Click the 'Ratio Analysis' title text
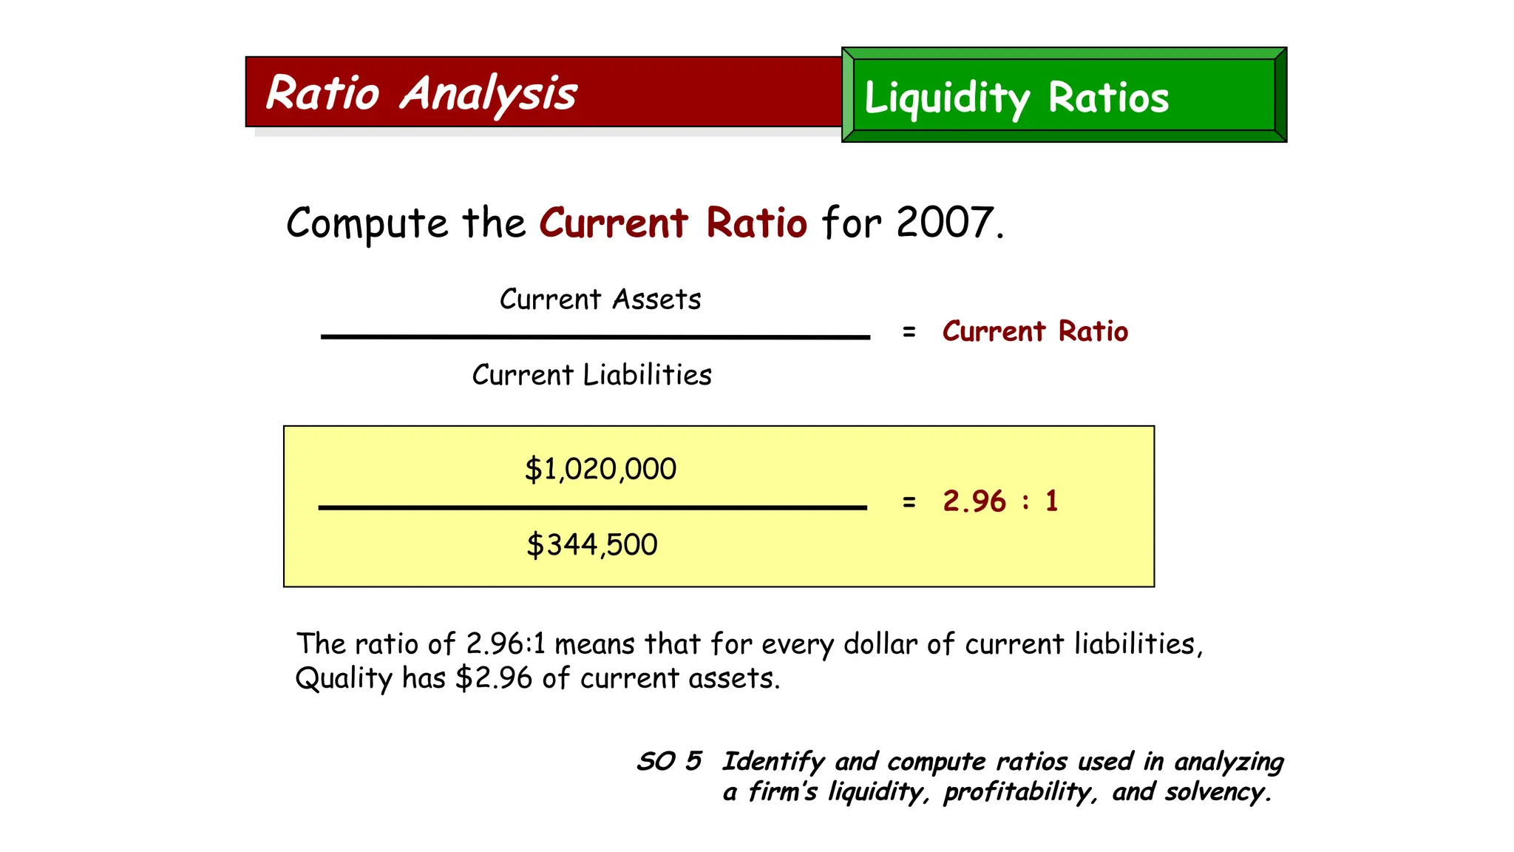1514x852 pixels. [421, 94]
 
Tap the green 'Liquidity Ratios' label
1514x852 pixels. [1016, 98]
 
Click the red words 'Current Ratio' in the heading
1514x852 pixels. [673, 223]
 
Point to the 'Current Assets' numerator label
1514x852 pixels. [600, 300]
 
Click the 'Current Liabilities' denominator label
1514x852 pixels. [591, 375]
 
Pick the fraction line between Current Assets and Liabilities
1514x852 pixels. [595, 337]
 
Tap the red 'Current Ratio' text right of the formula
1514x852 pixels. [1035, 331]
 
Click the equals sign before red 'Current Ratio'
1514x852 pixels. [909, 332]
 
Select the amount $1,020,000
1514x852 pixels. [600, 469]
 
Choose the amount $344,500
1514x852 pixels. [591, 545]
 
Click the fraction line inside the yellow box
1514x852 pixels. [592, 507]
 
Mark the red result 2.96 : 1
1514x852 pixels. [1000, 501]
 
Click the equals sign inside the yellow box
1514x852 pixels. [909, 502]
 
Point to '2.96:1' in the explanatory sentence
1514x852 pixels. [506, 644]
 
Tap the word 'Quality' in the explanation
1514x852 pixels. [343, 678]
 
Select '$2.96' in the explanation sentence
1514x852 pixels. [494, 678]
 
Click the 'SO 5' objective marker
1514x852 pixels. [669, 761]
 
